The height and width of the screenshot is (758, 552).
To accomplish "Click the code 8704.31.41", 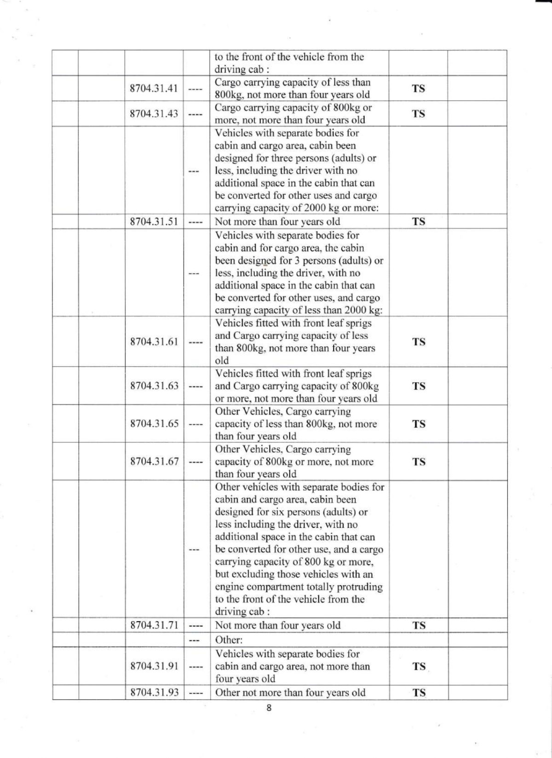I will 154,88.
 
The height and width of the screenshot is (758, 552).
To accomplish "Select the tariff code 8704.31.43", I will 154,113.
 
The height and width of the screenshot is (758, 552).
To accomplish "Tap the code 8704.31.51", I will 154,221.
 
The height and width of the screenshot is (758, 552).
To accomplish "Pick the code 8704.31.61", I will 154,342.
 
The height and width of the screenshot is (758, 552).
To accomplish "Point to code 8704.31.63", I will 154,386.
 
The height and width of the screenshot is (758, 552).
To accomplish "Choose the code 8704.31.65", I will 154,424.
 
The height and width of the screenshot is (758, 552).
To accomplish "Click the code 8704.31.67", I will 154,461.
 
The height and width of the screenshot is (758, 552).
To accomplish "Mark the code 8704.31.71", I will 154,625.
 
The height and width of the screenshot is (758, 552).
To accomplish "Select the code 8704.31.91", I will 154,666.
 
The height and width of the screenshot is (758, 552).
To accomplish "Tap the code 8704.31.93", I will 154,692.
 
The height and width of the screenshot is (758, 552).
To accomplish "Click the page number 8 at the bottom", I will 269,708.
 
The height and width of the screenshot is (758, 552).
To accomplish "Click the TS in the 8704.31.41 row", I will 418,88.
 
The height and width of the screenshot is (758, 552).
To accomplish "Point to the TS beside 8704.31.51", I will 418,221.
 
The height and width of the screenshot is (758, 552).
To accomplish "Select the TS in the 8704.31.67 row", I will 418,461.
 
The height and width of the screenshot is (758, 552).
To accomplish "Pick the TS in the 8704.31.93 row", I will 418,692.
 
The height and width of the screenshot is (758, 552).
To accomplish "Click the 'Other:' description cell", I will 229,640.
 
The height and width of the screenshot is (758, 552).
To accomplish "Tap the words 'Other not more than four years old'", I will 290,692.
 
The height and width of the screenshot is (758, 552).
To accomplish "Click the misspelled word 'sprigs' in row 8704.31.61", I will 357,323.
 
